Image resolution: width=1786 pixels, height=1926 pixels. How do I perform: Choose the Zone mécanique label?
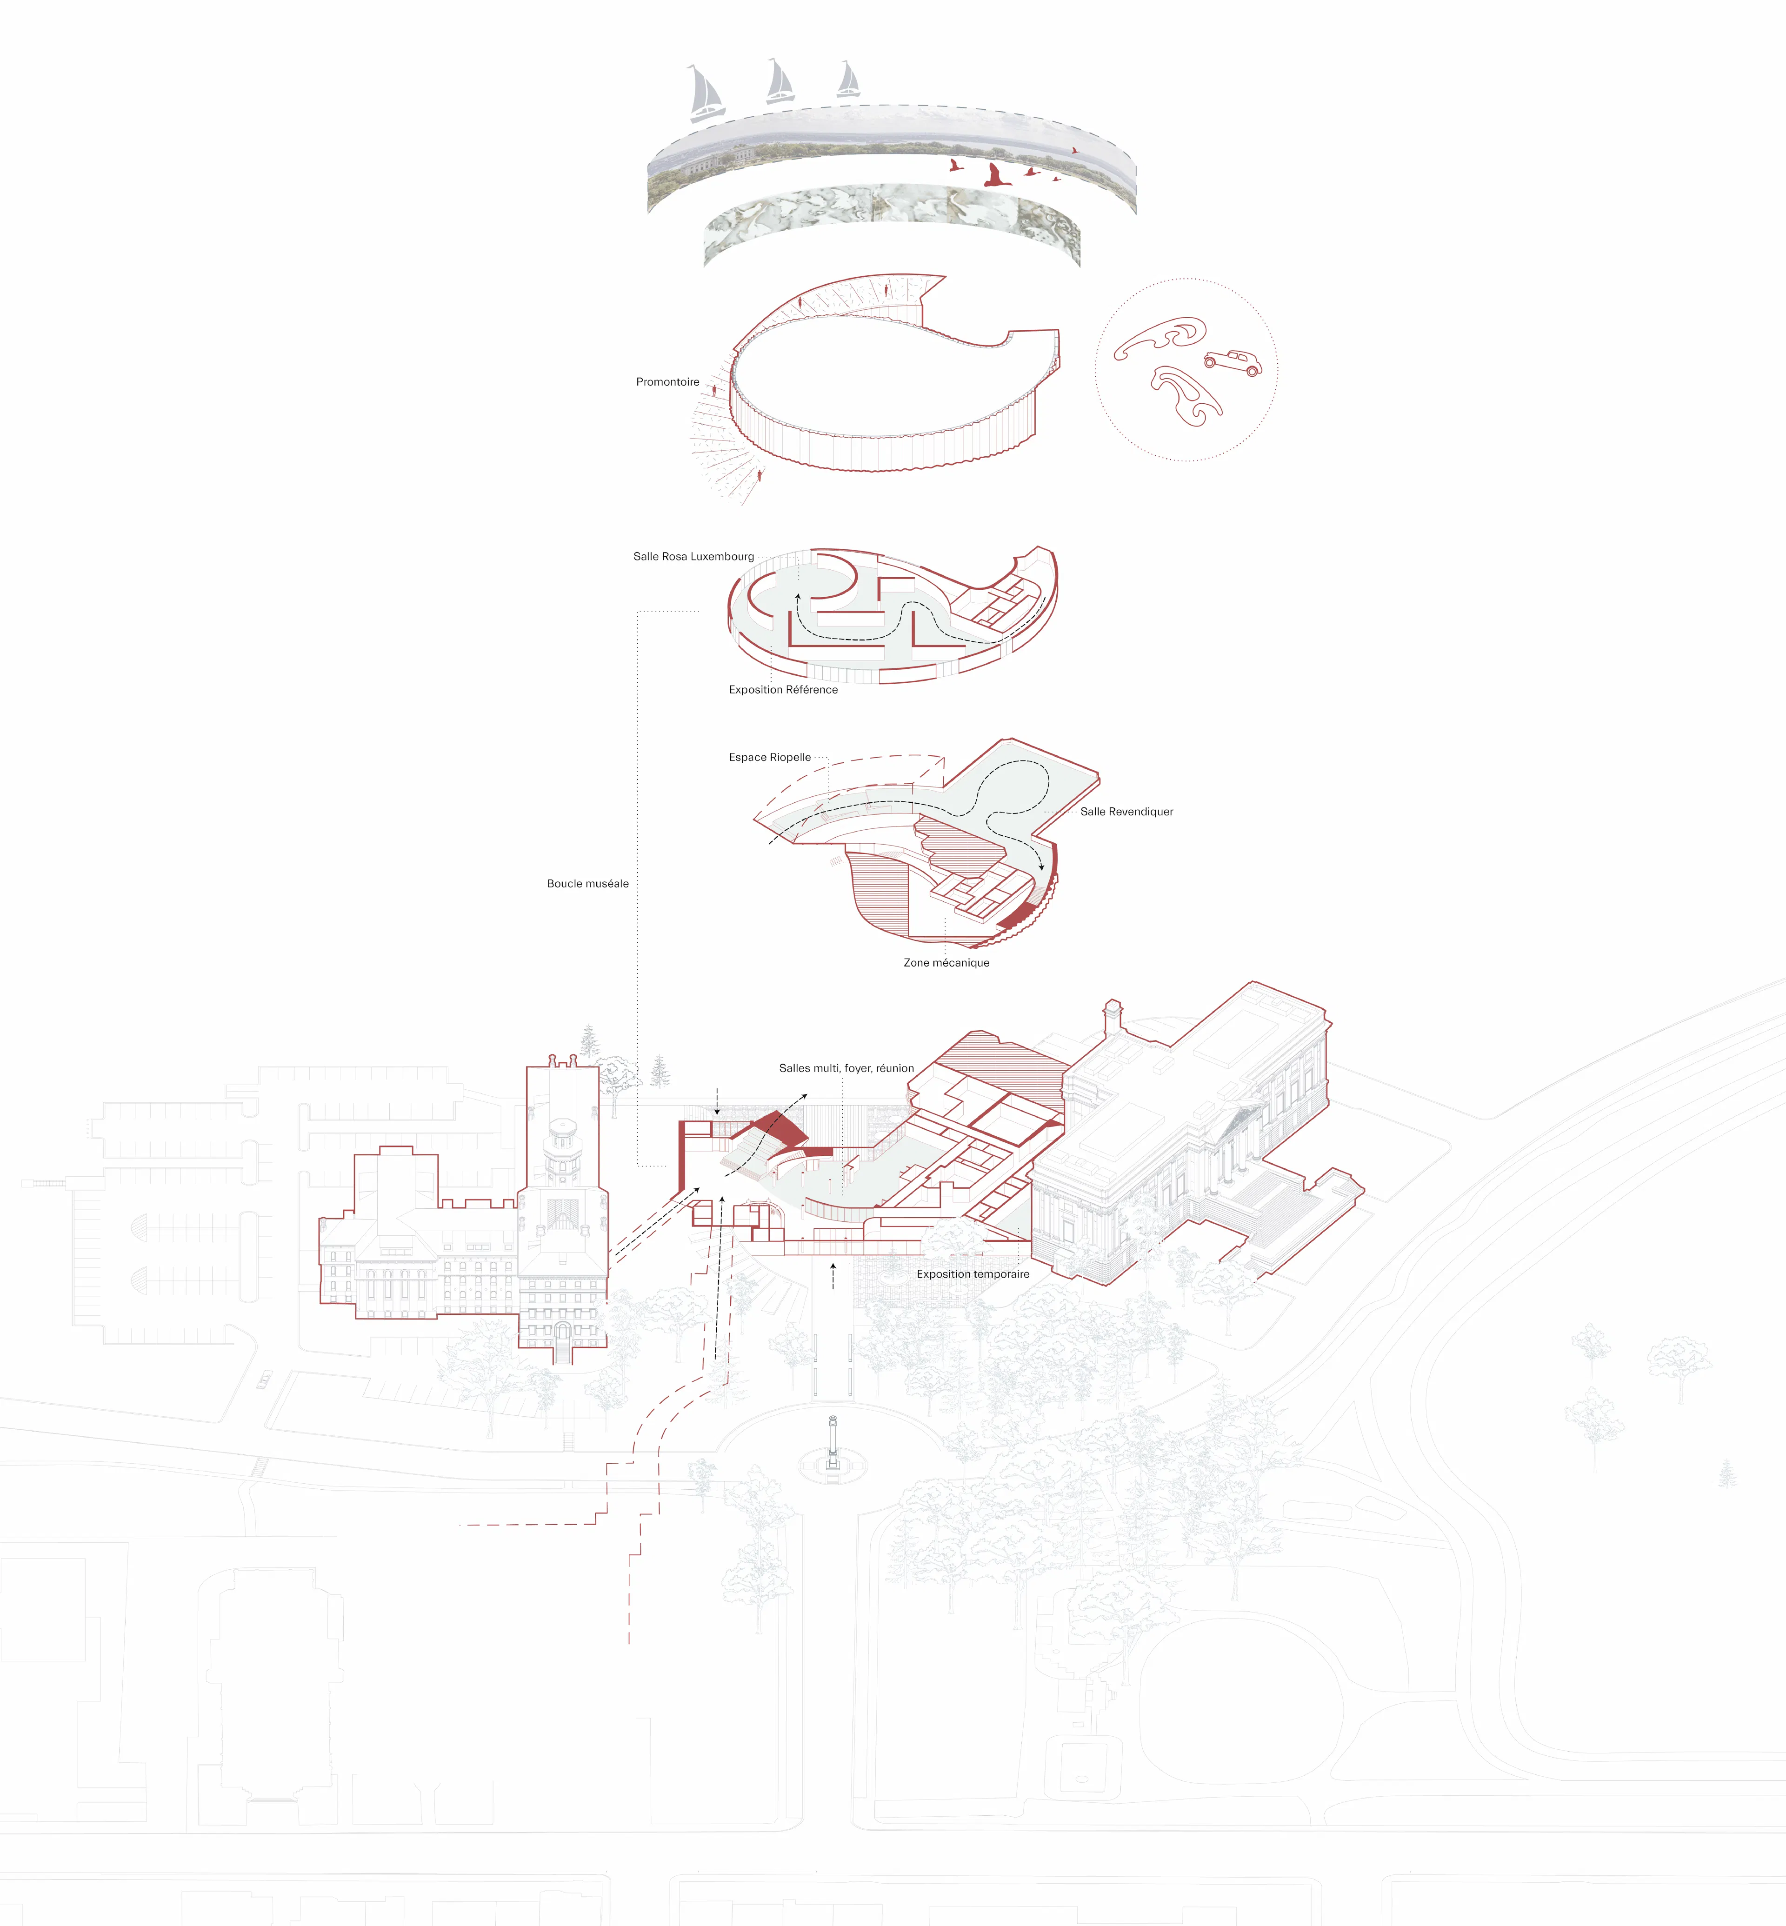coord(946,962)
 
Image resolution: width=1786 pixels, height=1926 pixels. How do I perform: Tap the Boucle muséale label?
coord(587,883)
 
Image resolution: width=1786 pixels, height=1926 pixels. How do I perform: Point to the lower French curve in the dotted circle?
coord(1187,396)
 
